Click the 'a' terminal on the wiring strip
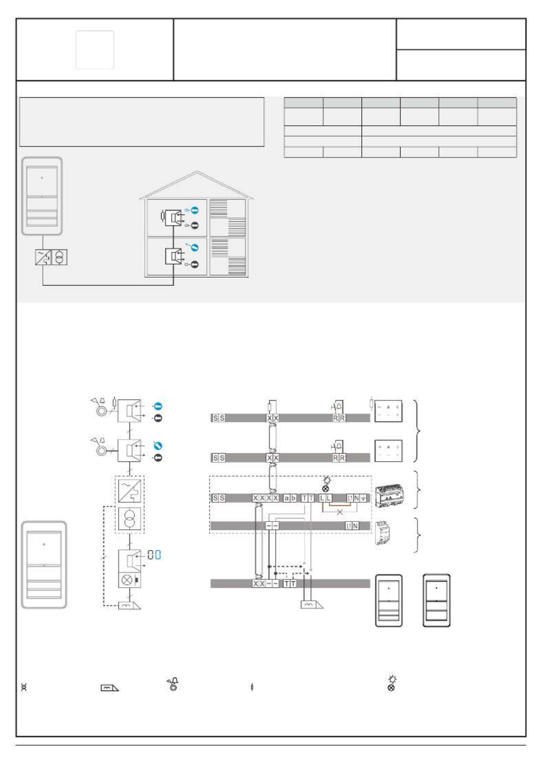pyautogui.click(x=286, y=498)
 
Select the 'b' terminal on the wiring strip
pyautogui.click(x=292, y=498)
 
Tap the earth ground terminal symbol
pyautogui.click(x=363, y=498)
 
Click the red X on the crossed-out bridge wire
pyautogui.click(x=340, y=512)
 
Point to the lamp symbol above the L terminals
pyautogui.click(x=326, y=485)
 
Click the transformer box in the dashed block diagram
pyautogui.click(x=129, y=519)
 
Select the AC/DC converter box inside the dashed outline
pyautogui.click(x=129, y=490)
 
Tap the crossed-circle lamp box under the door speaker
pyautogui.click(x=130, y=580)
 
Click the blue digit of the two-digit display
pyautogui.click(x=158, y=555)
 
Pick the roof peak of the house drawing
pyautogui.click(x=197, y=171)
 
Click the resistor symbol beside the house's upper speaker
pyautogui.click(x=163, y=216)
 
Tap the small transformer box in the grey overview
pyautogui.click(x=59, y=257)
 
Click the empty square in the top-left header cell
pyautogui.click(x=95, y=50)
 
